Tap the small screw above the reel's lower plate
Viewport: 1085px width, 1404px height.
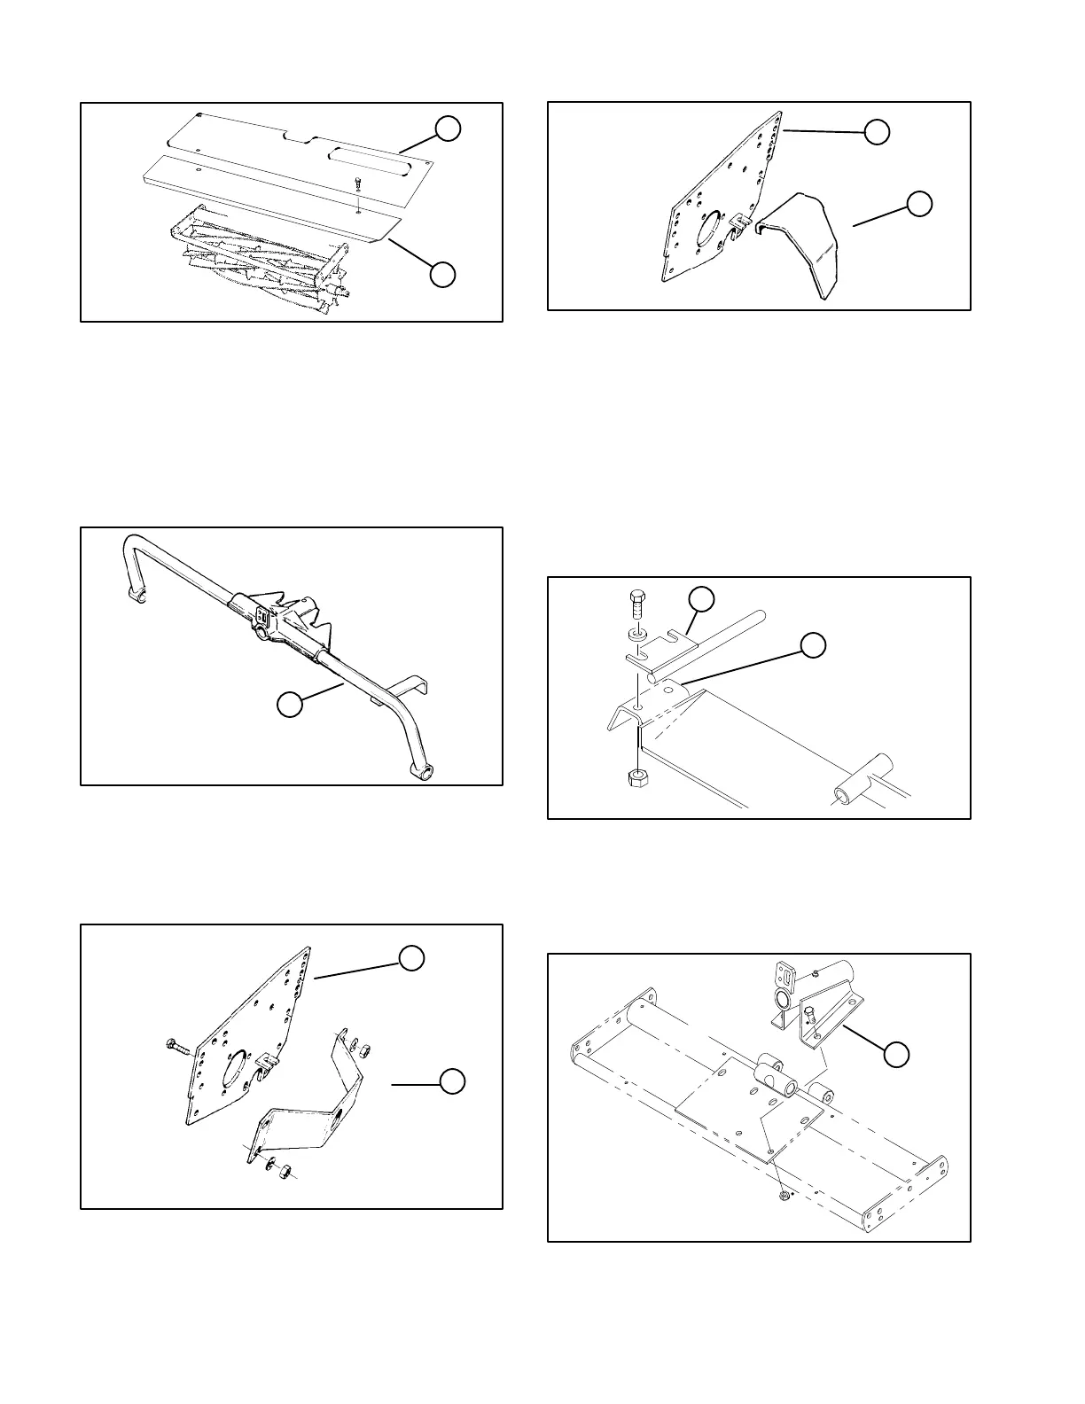(x=355, y=183)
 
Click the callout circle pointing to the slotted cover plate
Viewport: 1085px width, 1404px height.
(x=448, y=129)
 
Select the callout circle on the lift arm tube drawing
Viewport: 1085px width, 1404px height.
(x=289, y=705)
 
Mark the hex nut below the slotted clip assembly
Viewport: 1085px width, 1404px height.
(x=636, y=778)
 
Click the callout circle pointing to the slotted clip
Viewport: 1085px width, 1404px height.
(x=702, y=598)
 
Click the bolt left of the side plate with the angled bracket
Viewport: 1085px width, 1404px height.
(x=176, y=1047)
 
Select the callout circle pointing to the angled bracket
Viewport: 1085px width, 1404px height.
(x=453, y=1082)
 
